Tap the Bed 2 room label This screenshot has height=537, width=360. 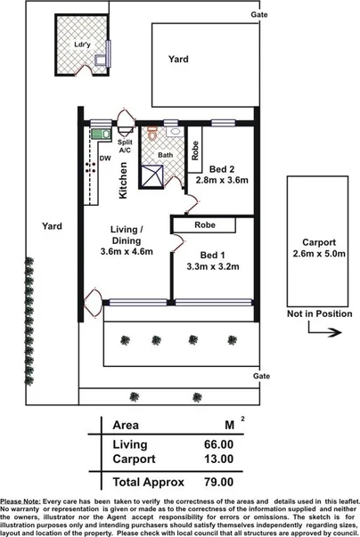click(x=222, y=168)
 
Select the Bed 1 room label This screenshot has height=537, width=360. click(x=214, y=252)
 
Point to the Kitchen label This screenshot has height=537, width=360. click(x=125, y=179)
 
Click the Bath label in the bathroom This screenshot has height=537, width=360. click(x=166, y=155)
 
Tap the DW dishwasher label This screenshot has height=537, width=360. click(x=105, y=159)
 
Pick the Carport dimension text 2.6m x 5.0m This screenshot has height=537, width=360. click(x=319, y=254)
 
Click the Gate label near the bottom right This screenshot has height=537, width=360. click(x=260, y=377)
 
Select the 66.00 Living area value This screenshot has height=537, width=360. click(x=218, y=444)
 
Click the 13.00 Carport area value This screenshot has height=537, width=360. click(x=218, y=460)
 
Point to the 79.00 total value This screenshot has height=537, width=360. click(x=218, y=482)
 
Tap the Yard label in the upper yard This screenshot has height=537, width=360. click(x=179, y=59)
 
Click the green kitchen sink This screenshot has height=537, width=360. click(x=98, y=134)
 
